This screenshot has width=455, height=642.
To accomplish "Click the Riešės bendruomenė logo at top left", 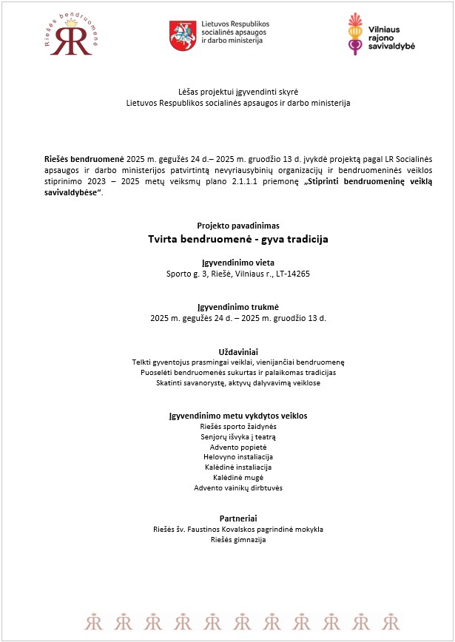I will [x=70, y=36].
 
